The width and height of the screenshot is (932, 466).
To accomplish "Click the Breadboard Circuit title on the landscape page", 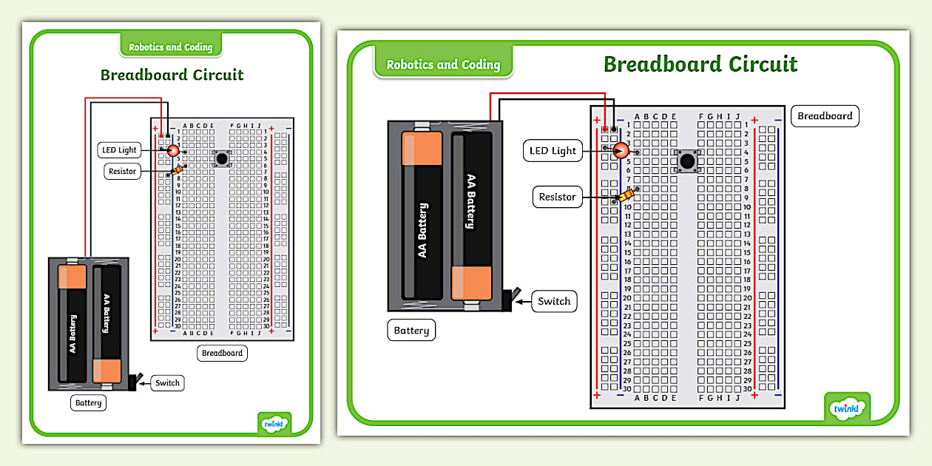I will (x=700, y=64).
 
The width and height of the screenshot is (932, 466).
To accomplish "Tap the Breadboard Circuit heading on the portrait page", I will (x=172, y=75).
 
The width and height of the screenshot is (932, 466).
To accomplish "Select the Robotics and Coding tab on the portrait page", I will (x=171, y=47).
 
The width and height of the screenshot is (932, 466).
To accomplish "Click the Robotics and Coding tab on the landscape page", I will (x=443, y=64).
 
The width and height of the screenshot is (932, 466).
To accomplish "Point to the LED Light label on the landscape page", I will (x=553, y=151).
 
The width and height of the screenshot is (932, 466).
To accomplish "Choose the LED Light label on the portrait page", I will (x=118, y=150).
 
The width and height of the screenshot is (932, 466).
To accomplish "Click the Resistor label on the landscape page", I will (x=557, y=197).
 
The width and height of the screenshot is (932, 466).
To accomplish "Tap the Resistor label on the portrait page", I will (x=122, y=171).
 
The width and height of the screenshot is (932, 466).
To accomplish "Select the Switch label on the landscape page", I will (x=553, y=301).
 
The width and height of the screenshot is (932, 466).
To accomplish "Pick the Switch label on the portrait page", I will (x=167, y=383).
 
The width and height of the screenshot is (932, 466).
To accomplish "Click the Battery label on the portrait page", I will (x=88, y=403).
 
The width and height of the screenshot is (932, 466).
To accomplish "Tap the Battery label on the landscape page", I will (x=411, y=331).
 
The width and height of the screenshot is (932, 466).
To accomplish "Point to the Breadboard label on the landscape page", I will (x=824, y=116).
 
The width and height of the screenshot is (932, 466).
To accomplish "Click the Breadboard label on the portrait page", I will (x=222, y=353).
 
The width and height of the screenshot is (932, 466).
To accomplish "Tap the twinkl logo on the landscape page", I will (x=846, y=408).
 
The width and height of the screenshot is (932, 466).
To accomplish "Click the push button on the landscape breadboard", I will (x=687, y=161).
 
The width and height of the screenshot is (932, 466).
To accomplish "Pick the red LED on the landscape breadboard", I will (x=620, y=151).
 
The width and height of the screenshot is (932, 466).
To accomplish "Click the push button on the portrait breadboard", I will (x=220, y=158).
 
